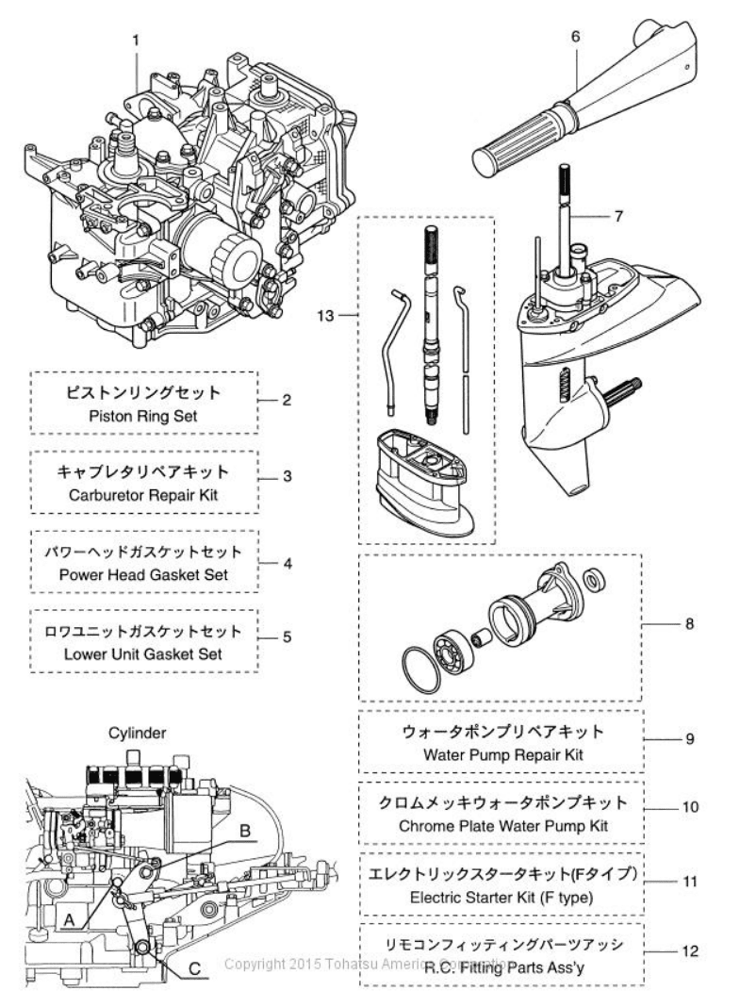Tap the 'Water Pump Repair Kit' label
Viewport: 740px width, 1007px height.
[x=501, y=753]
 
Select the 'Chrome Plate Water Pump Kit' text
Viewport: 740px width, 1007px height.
[x=501, y=825]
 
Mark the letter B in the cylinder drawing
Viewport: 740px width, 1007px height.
[x=244, y=831]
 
